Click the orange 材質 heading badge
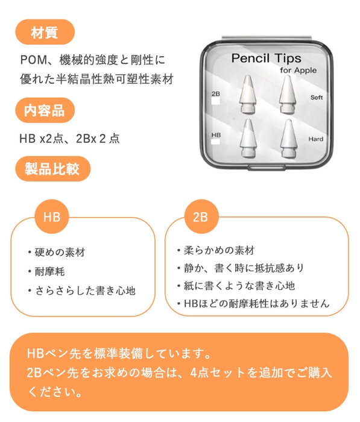[x=45, y=32]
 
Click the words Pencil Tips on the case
[x=266, y=59]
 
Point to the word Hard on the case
[x=316, y=139]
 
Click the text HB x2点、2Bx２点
[x=69, y=139]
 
